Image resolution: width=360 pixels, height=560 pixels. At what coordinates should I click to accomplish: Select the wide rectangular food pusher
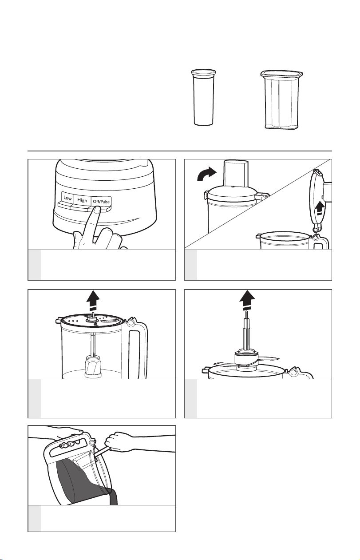281,100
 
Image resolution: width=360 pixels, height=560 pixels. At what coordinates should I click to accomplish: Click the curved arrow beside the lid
206,174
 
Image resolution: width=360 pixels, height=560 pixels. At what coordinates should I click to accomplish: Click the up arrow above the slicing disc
93,300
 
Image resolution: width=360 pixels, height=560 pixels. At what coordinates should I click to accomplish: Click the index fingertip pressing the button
96,210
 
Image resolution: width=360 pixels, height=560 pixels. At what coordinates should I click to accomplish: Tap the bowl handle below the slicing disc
137,349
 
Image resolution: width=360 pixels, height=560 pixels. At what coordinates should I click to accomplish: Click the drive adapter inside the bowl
93,367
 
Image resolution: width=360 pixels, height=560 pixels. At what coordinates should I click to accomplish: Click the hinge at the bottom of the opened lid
317,227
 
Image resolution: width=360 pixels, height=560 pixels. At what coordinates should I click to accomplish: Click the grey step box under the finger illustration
35,265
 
